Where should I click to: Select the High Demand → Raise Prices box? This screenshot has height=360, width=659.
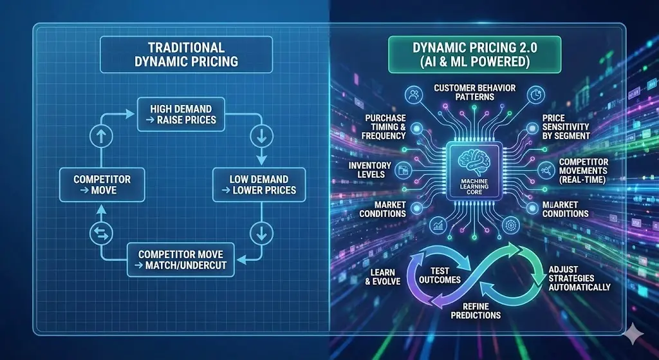183,114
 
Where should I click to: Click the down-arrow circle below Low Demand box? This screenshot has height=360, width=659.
261,230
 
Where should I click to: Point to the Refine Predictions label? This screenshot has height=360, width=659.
476,310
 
